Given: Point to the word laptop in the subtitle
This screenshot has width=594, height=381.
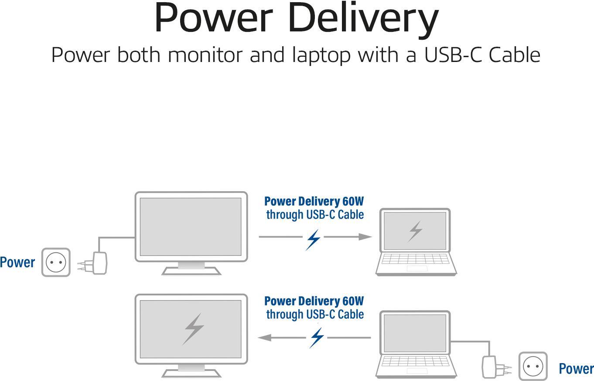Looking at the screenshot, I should [321, 55].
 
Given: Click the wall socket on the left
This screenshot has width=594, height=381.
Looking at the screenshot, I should [56, 262].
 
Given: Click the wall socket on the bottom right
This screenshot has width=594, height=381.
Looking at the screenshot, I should [533, 366].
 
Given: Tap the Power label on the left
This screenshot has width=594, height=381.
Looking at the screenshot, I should [17, 262].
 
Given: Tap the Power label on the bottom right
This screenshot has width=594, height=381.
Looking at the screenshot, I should [576, 369].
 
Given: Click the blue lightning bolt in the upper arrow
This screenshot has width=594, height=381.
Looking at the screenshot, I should [313, 239].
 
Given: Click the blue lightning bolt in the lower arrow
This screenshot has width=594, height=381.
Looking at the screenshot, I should [317, 338].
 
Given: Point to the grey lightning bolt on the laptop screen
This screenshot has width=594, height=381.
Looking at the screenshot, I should [415, 231].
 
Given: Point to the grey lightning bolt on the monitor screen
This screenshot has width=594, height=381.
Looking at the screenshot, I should [194, 328].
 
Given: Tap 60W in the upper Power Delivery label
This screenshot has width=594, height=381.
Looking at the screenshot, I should [353, 202].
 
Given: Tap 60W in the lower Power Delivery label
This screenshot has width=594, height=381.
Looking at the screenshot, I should [353, 301].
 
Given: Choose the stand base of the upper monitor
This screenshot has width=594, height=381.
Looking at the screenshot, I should [191, 271].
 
